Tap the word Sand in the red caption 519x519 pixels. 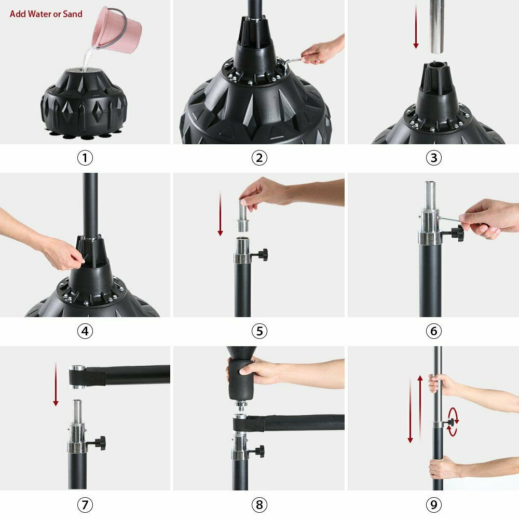[73, 14]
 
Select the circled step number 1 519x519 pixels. [85, 158]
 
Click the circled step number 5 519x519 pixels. [259, 331]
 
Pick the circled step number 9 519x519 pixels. [433, 504]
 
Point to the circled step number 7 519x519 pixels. [85, 504]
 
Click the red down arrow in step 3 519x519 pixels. [416, 26]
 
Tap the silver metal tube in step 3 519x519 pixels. [437, 26]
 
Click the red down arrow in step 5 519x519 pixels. [220, 213]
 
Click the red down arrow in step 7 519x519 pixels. [56, 384]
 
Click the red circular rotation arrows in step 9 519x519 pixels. [453, 421]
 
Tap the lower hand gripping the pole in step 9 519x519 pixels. [444, 467]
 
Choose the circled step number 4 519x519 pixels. [85, 331]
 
